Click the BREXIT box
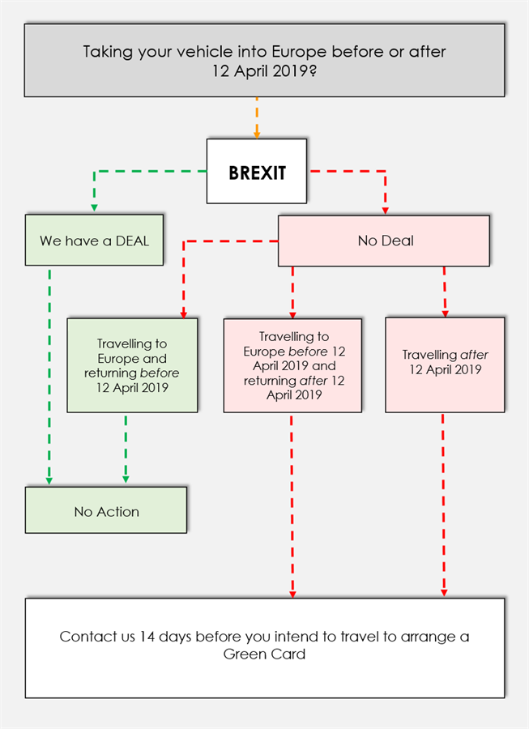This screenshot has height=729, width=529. point(256,172)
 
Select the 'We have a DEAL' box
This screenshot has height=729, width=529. point(94,241)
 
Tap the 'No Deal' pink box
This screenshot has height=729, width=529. point(384,241)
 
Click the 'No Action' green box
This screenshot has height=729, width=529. point(106,511)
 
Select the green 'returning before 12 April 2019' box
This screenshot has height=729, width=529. point(131,365)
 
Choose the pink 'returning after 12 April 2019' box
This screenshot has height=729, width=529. point(292,365)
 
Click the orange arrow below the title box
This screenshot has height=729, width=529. point(257,118)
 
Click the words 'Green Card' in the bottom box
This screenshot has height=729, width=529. point(264,654)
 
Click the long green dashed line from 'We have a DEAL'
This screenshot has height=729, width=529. point(49,373)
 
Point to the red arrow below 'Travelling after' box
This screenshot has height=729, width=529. point(443,502)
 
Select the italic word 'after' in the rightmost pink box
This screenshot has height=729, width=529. point(474,355)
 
